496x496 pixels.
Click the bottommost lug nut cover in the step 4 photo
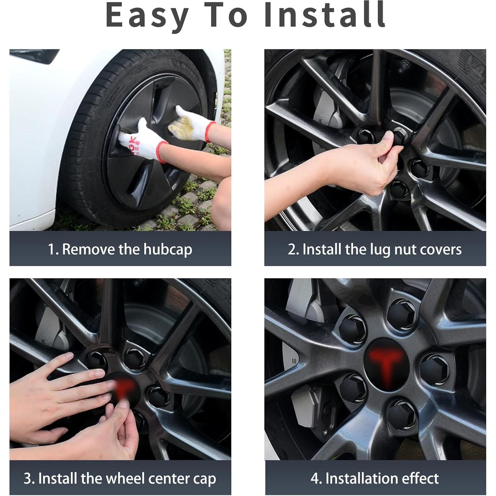401,414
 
